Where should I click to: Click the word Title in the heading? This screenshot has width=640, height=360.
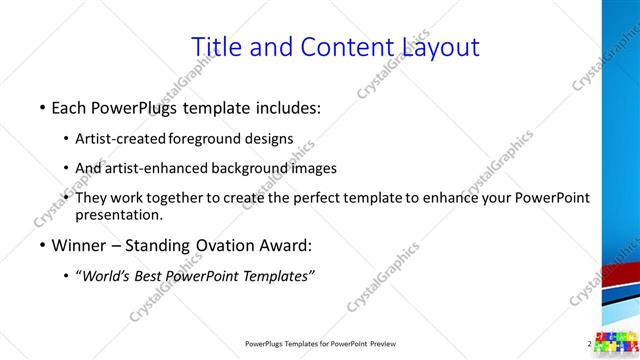click(x=215, y=47)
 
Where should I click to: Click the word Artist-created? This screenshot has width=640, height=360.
click(x=122, y=138)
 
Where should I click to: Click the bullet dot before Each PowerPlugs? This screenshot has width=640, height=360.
click(x=41, y=107)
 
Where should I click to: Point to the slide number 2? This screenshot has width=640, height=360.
click(x=590, y=343)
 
